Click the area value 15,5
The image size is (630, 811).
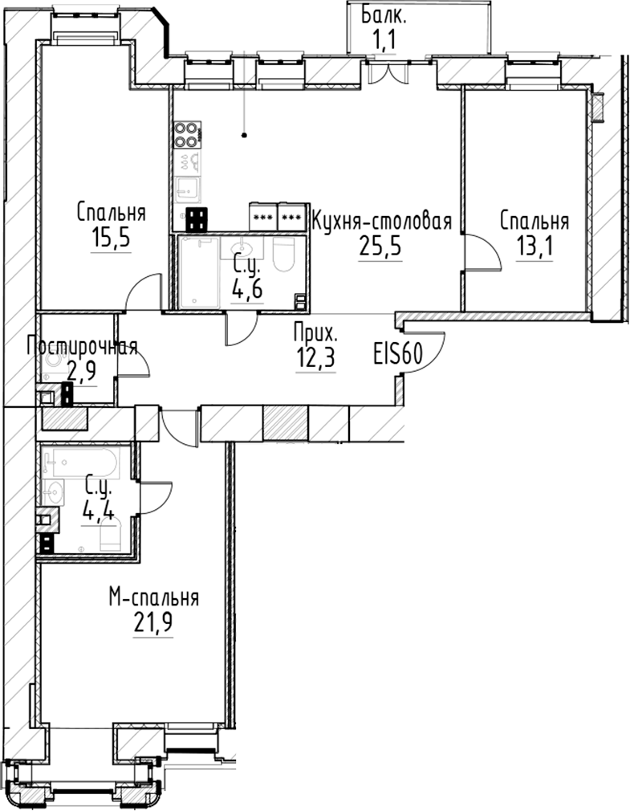click(111, 238)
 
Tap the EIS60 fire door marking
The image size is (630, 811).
click(398, 353)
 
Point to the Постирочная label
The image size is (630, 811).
click(82, 347)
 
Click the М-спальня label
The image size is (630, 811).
click(153, 598)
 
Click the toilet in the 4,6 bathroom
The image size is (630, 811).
click(284, 255)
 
